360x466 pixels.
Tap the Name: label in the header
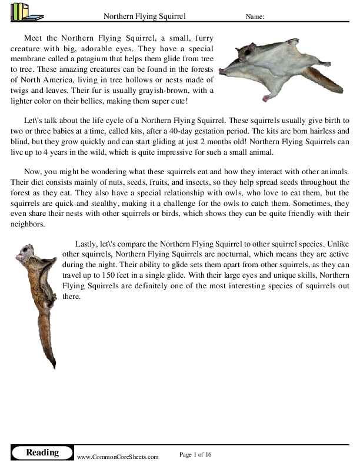(x=254, y=17)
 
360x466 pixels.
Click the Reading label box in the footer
(x=42, y=452)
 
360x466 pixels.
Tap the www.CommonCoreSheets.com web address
(x=118, y=456)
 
